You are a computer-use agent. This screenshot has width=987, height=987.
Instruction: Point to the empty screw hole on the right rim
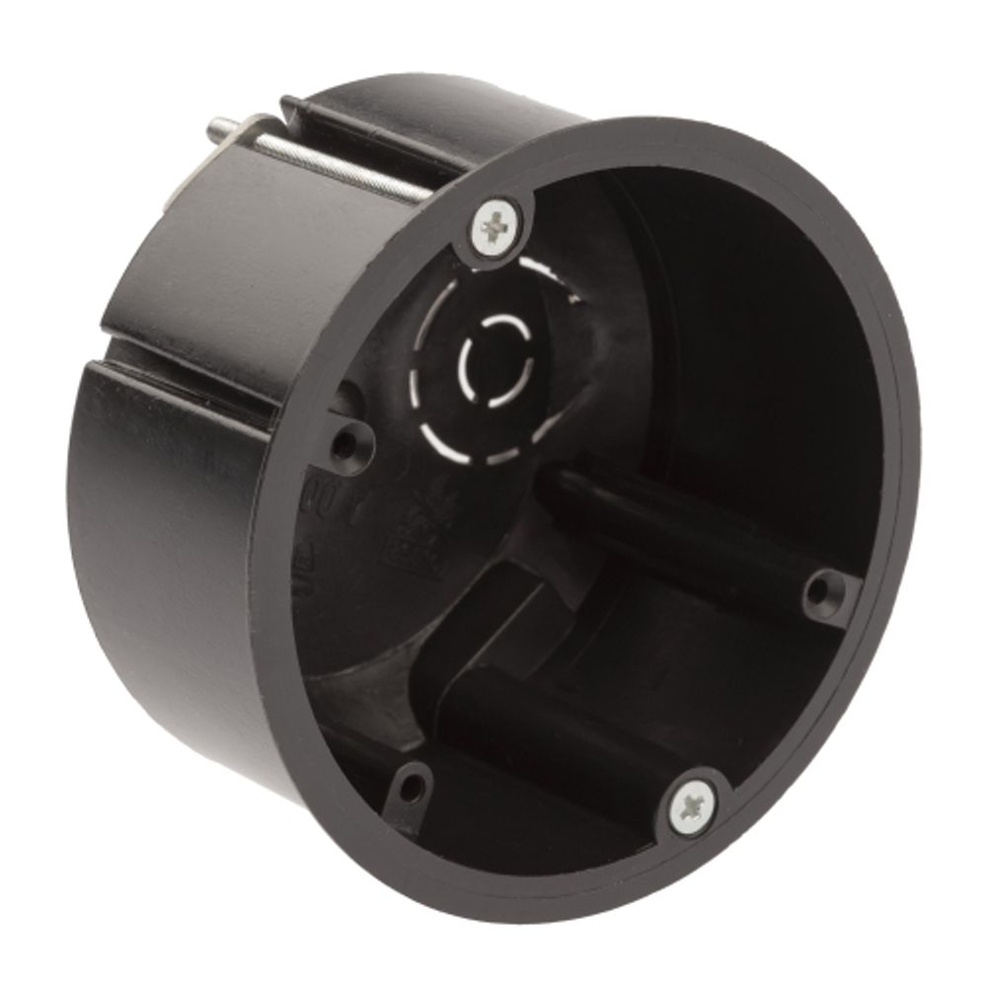818,593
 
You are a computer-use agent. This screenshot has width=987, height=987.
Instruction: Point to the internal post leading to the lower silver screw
572,730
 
